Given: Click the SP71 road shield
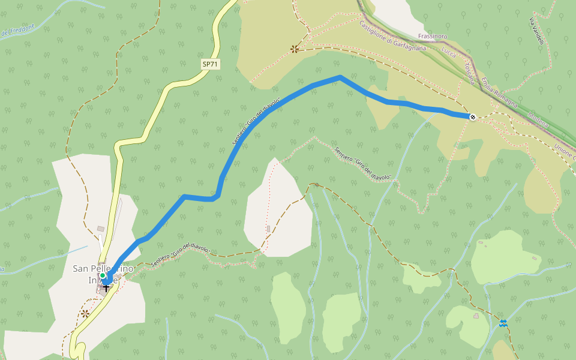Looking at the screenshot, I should (209, 64).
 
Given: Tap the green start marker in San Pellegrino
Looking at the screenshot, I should (103, 275).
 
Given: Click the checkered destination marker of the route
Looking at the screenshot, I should (473, 116).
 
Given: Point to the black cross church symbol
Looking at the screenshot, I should (106, 287).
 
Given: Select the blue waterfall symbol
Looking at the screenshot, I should (503, 324).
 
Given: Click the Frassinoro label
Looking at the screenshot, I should (433, 37).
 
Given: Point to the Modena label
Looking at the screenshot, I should (538, 120).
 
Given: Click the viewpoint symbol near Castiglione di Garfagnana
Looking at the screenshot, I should (294, 49).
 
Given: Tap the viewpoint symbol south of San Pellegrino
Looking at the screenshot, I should (85, 313).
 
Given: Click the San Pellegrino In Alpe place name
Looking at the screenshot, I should (103, 274).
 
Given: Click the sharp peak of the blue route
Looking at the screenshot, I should (340, 77).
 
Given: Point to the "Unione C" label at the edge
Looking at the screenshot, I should (565, 149).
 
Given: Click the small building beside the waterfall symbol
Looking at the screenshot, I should (476, 316).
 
